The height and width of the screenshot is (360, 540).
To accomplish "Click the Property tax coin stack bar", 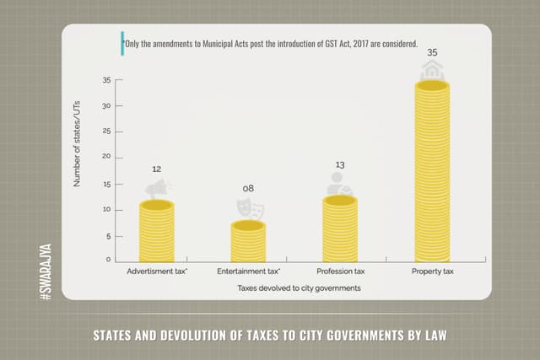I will coord(431,173).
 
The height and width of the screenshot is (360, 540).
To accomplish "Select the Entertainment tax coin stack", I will coord(248,242).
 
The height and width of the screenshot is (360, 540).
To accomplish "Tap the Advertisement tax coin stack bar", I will coord(156,232).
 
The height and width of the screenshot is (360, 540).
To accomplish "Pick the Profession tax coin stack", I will coord(340,229).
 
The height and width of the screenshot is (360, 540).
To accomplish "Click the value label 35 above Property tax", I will coord(432,52).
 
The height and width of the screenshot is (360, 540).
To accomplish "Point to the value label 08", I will coord(248,188).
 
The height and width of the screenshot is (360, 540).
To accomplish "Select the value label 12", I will coord(156,169).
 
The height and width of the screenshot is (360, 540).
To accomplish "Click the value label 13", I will coord(340,164).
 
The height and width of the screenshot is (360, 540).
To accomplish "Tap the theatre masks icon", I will coord(248,205).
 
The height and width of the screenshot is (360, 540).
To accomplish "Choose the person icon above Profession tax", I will coord(338,183).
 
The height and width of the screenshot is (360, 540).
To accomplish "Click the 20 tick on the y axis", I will coord(107,158).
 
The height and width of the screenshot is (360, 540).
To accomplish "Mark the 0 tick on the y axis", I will coord(109,261).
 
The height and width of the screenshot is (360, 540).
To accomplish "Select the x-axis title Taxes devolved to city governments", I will coord(294,288).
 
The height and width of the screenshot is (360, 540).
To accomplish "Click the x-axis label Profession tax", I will coord(340,272).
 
